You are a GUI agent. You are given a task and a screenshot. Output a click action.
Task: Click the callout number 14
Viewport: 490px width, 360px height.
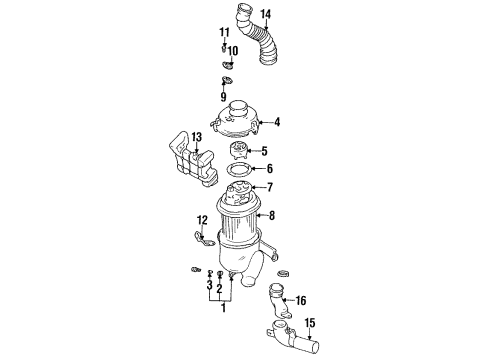coord(266,14)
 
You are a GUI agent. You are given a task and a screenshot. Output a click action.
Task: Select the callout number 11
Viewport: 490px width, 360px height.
coord(224,33)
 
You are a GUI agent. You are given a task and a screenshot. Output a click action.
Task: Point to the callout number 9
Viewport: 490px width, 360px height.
coord(223,97)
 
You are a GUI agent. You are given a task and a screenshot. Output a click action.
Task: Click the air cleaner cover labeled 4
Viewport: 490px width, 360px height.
coord(235,121)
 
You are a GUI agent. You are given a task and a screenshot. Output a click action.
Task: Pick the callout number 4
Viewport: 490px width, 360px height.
coord(277,122)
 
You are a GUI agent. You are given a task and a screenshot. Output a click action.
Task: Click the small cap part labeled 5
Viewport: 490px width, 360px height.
coord(239,151)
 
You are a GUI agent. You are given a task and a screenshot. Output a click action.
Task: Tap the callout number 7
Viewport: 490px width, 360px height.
coord(270,187)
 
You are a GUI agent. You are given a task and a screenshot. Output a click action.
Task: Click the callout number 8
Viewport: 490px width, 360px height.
coord(272,216)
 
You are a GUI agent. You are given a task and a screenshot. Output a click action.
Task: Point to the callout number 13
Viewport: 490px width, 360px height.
coord(197,137)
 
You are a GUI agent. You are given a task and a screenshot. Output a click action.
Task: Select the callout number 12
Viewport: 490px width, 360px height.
coord(202,220)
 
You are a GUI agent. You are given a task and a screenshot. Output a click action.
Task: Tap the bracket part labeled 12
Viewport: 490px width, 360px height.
coord(203,240)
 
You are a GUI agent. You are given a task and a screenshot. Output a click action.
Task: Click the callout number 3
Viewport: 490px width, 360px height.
coord(209,285)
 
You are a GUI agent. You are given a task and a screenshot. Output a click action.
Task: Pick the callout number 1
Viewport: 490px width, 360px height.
coord(224,308)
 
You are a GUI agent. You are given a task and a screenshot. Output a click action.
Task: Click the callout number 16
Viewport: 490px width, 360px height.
coord(301,301)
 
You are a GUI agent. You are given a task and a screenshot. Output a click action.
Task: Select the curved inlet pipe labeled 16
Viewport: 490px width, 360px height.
coord(279,301)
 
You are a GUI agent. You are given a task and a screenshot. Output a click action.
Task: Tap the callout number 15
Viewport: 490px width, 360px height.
coord(310,323)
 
